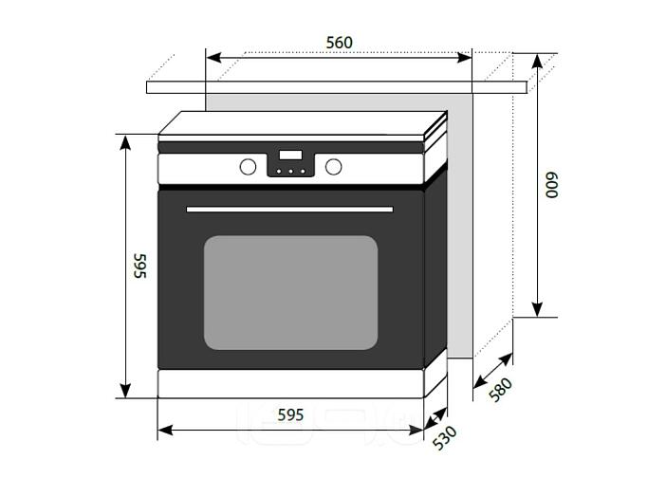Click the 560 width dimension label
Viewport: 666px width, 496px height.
[340, 43]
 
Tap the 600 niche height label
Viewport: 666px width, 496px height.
[552, 185]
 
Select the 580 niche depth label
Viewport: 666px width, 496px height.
[500, 390]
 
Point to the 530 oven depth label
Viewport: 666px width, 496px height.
[445, 437]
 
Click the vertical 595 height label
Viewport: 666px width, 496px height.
[139, 266]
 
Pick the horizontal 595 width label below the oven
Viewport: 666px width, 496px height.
[290, 414]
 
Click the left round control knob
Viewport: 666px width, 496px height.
[248, 167]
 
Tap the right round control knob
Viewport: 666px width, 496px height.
[333, 167]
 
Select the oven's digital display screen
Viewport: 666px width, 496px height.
[290, 155]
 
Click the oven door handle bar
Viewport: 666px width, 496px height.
[290, 210]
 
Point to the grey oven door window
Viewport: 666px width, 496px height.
[291, 293]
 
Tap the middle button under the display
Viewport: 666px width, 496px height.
[291, 172]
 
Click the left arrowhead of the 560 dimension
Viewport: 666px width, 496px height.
[213, 57]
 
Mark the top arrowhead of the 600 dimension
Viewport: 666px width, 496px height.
[537, 61]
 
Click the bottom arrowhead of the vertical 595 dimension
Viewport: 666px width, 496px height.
[125, 391]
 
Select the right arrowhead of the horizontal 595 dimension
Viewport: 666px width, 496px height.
[416, 431]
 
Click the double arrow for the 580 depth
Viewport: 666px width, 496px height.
[492, 371]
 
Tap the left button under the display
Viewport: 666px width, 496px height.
[279, 172]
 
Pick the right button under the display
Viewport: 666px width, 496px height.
[303, 172]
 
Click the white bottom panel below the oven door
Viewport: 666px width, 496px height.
[291, 384]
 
